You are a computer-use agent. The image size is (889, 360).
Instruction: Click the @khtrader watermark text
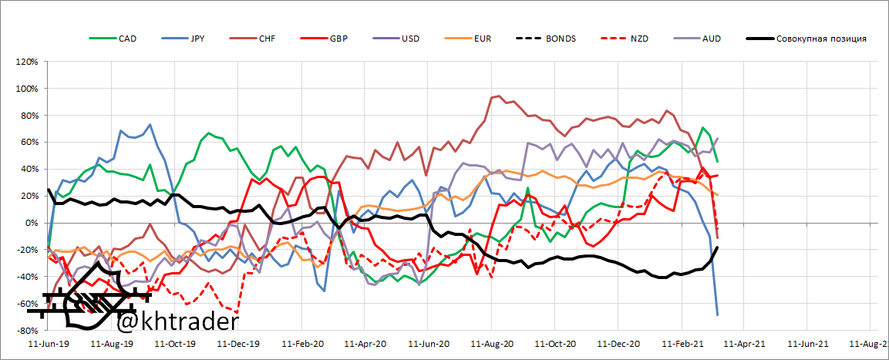[177, 319]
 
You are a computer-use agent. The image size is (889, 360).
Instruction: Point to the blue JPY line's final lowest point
[718, 315]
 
